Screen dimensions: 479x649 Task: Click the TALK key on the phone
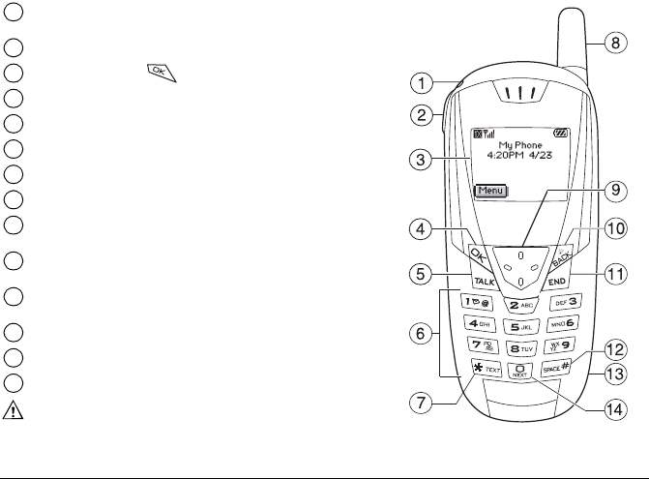coord(485,282)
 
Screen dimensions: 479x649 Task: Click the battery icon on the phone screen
coord(563,133)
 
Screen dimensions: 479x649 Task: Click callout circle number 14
coord(608,409)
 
